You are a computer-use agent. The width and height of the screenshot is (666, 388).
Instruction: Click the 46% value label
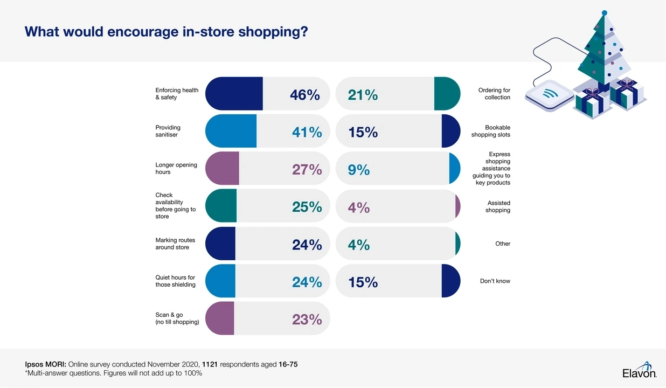click(x=304, y=95)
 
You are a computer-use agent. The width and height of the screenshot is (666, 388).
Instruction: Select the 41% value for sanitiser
click(x=307, y=132)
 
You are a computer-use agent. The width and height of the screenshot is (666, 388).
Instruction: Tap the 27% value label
click(x=307, y=170)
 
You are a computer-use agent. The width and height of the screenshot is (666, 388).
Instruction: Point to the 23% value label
click(x=307, y=319)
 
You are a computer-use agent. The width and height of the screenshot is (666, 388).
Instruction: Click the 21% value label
click(x=363, y=95)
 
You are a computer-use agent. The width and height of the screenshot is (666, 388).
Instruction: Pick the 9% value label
click(x=359, y=170)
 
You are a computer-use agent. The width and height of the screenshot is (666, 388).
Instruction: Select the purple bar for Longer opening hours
click(x=222, y=169)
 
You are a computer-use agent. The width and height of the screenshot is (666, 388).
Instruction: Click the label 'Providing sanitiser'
click(x=168, y=131)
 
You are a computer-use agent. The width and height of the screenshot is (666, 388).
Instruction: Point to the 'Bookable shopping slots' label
click(x=490, y=131)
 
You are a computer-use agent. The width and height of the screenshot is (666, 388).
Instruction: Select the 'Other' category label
click(x=503, y=244)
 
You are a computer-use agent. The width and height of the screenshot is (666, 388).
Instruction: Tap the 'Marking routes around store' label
click(x=175, y=244)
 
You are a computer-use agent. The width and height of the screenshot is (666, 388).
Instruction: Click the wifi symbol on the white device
click(x=550, y=94)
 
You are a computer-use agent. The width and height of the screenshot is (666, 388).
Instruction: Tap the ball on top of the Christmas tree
click(x=605, y=12)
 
